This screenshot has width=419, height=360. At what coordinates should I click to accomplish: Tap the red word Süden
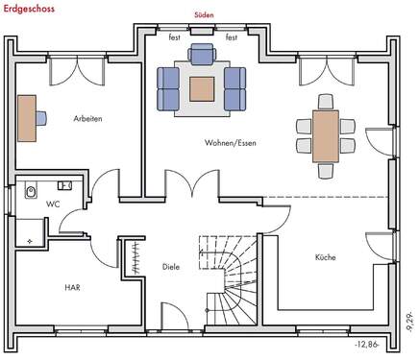pyautogui.click(x=202, y=14)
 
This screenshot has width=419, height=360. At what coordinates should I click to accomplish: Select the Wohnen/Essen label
pyautogui.click(x=230, y=142)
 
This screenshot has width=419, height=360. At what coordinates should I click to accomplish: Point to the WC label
pyautogui.click(x=53, y=204)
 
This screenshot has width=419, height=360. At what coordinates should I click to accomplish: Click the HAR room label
pyautogui.click(x=72, y=287)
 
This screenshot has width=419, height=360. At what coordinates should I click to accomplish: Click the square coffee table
pyautogui.click(x=203, y=88)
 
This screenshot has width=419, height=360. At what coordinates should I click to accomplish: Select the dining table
pyautogui.click(x=325, y=135)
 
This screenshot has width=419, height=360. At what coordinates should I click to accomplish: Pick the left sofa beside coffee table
pyautogui.click(x=169, y=87)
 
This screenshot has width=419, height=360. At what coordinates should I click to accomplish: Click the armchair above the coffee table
pyautogui.click(x=202, y=56)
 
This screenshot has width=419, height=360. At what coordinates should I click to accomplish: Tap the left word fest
pyautogui.click(x=175, y=36)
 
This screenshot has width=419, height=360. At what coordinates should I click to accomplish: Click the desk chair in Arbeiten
pyautogui.click(x=44, y=118)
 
